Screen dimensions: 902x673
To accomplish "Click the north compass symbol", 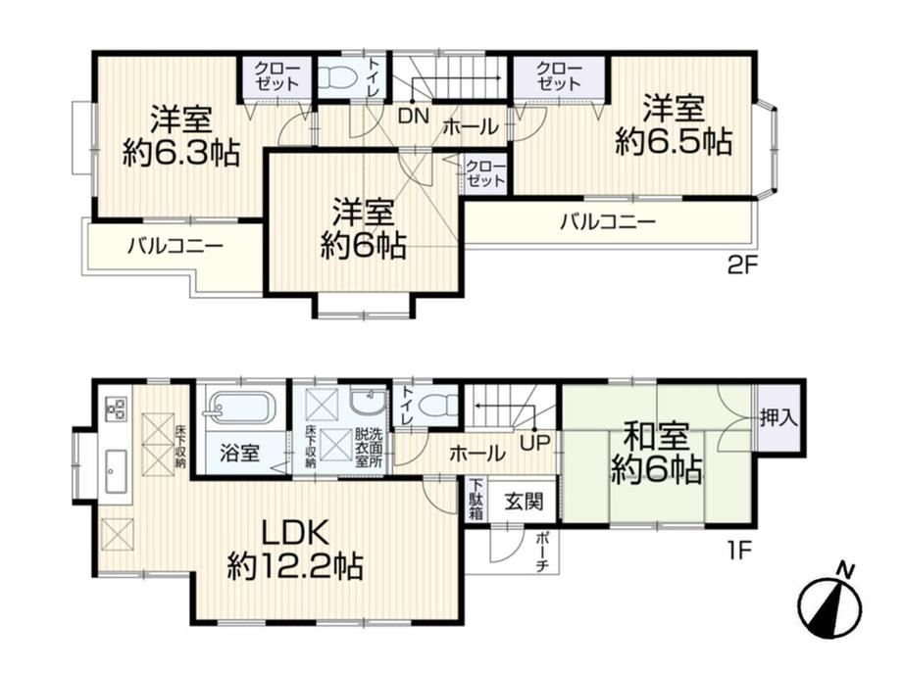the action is click(x=830, y=603).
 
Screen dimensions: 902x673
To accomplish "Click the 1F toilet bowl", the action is click(x=438, y=407).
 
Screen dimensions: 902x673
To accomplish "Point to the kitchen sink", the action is click(x=117, y=471).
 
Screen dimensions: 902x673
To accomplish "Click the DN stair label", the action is click(x=414, y=117).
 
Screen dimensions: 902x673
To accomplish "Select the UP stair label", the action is click(x=535, y=443).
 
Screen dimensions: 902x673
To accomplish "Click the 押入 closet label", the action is click(x=778, y=418).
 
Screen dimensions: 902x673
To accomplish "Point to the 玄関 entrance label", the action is click(x=524, y=502).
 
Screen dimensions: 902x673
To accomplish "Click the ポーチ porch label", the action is click(x=542, y=553).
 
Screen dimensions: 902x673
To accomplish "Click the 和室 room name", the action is click(x=656, y=437).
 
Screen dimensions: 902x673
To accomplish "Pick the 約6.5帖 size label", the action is click(x=674, y=141).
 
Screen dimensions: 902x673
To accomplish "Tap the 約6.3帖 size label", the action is click(x=181, y=153).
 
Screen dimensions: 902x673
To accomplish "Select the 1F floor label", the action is click(x=738, y=552).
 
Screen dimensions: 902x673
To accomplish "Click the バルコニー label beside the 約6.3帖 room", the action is click(x=175, y=247).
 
